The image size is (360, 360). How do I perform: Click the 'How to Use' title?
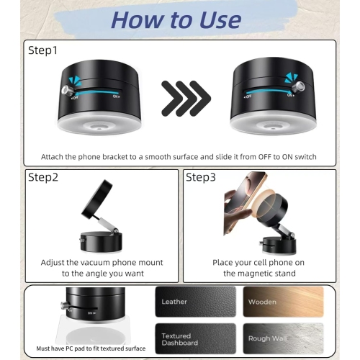point(176,20)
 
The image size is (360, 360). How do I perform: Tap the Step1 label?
point(42,50)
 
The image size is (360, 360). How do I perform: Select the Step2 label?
point(43,178)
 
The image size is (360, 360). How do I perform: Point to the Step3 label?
point(201,178)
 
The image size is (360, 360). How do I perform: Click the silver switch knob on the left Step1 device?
point(67,90)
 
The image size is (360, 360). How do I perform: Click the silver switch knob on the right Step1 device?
point(300,86)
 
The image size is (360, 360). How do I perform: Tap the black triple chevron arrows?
point(186,99)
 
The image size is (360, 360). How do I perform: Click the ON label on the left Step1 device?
point(116,96)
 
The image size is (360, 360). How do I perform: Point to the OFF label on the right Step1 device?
point(248,96)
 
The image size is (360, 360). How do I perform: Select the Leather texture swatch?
point(196,302)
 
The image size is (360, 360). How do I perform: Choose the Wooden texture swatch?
point(284,302)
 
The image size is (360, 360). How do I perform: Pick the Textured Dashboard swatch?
point(196,338)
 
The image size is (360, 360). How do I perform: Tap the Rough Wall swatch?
point(284,338)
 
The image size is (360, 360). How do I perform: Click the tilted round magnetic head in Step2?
point(97,199)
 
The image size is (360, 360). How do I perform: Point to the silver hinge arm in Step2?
point(107,225)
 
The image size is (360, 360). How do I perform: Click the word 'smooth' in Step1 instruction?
point(158,157)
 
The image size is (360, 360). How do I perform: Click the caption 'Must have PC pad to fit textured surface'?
point(91,348)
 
